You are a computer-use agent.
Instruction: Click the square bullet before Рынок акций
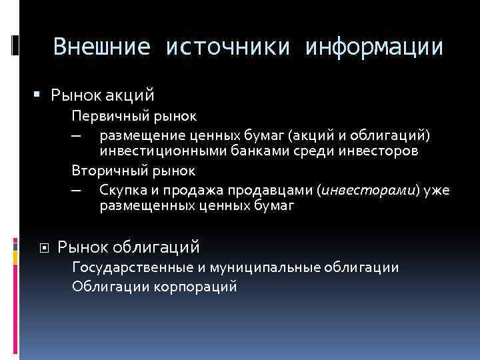pyautogui.click(x=38, y=97)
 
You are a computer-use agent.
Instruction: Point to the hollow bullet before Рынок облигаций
pyautogui.click(x=45, y=247)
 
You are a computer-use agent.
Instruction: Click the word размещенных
pyautogui.click(x=147, y=206)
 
